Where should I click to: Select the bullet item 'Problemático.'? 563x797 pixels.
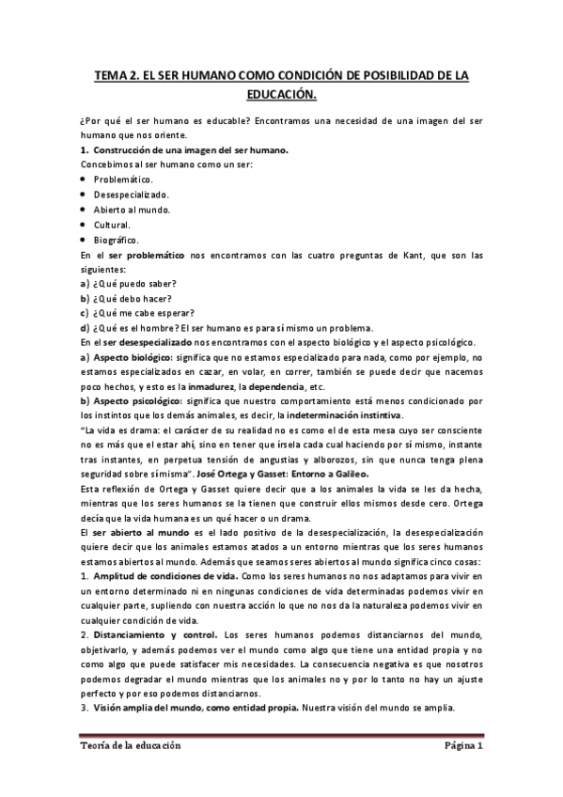pyautogui.click(x=124, y=179)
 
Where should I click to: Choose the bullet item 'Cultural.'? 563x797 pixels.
pyautogui.click(x=112, y=226)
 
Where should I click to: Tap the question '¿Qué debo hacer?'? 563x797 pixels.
pyautogui.click(x=134, y=298)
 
